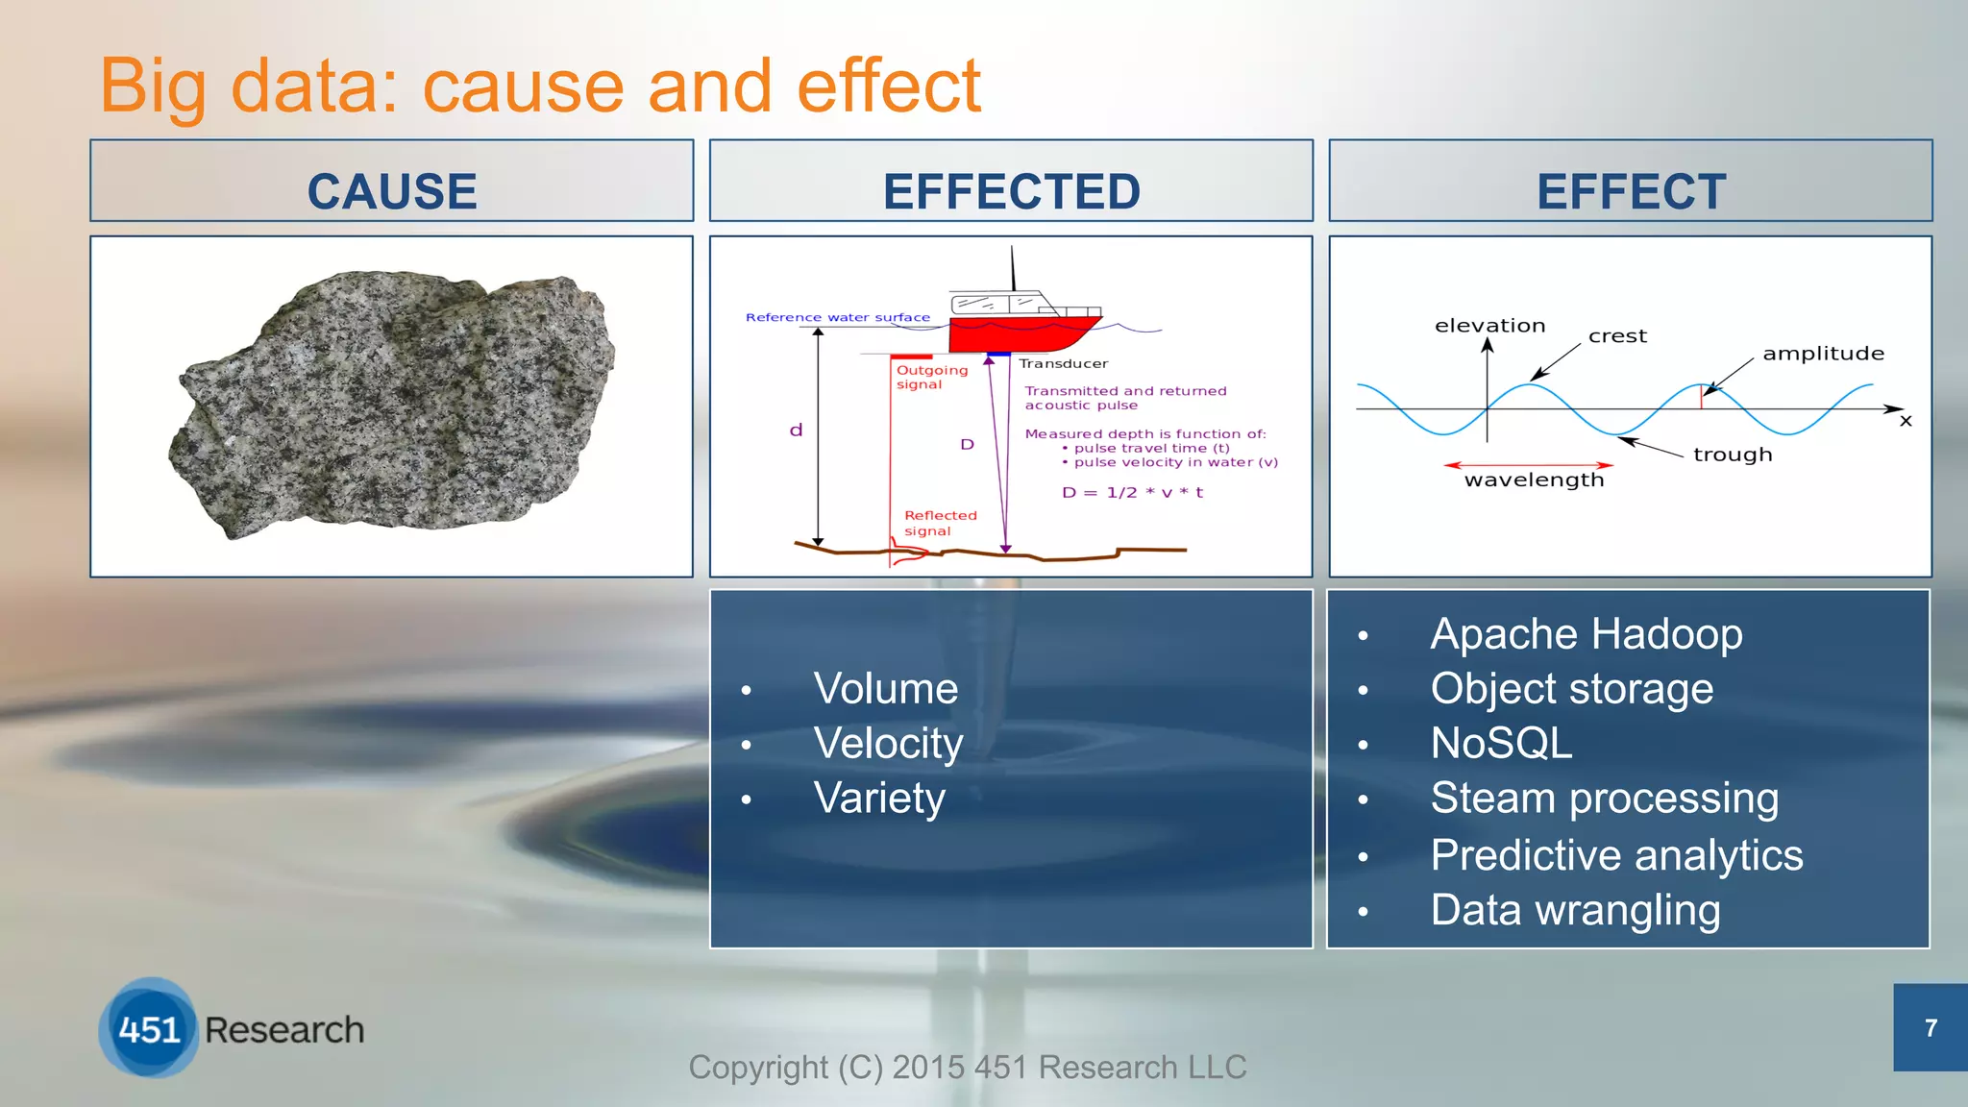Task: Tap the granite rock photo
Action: (392, 404)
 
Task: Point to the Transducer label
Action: (1063, 363)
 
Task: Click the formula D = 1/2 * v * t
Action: (1132, 492)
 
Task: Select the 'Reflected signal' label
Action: (939, 523)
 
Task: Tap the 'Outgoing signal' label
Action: (930, 377)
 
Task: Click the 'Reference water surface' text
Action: (837, 317)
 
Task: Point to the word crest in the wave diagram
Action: (1617, 336)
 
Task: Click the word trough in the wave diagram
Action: (1732, 455)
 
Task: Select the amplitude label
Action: (1823, 354)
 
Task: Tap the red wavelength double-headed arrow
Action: (1528, 465)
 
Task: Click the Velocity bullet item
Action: (887, 743)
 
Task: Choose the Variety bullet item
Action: (878, 798)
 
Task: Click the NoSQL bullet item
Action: (1501, 743)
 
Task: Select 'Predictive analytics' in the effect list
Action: (1615, 854)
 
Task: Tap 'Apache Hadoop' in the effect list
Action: (1586, 633)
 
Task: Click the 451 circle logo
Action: (149, 1029)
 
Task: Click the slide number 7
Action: (1930, 1028)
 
